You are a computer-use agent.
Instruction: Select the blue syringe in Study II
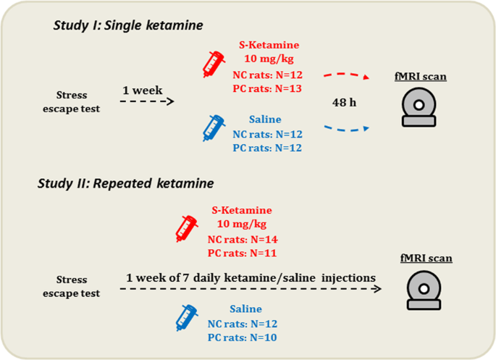[188, 317]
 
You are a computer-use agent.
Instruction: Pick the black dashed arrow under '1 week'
[147, 102]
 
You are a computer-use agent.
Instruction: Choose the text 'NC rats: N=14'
[243, 239]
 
